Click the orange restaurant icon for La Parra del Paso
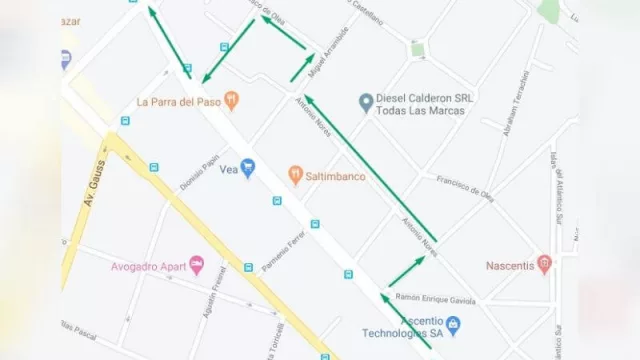[x=232, y=99]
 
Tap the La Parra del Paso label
[x=178, y=101]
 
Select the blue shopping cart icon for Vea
[x=248, y=169]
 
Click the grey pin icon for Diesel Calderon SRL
[x=366, y=101]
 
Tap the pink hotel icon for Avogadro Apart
[x=196, y=265]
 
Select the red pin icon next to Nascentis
[x=544, y=264]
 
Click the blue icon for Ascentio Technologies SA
[x=453, y=325]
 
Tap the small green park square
[x=417, y=48]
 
